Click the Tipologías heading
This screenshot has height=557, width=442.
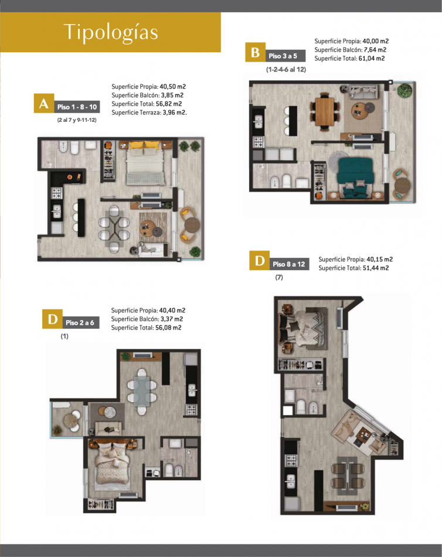click(110, 32)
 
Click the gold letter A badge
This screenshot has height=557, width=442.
click(44, 103)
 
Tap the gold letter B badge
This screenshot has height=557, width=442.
click(255, 52)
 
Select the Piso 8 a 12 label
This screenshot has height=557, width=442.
click(289, 264)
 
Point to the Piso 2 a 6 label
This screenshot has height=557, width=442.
click(80, 322)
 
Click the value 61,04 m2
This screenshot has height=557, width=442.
click(372, 59)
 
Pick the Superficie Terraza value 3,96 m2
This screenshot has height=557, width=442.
click(175, 113)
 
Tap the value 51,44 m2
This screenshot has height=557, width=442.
click(376, 268)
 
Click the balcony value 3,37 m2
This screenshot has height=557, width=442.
click(172, 319)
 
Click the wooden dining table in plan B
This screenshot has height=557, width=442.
click(325, 111)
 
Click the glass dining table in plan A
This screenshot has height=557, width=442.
click(114, 229)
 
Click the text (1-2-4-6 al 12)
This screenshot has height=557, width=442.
click(286, 70)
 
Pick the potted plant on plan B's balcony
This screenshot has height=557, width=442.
click(404, 90)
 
